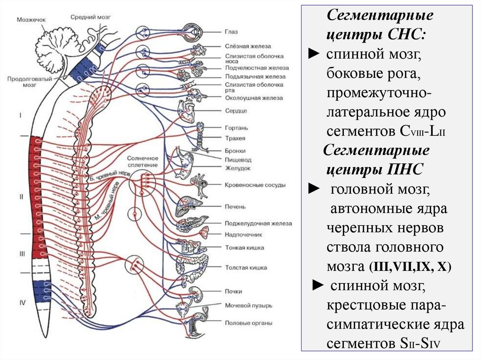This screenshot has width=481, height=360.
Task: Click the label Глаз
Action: [231, 32]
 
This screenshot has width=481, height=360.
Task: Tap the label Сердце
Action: [235, 111]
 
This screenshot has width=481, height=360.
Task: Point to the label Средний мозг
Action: [91, 16]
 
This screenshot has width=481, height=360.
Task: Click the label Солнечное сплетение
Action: [142, 162]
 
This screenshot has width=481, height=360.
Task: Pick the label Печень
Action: [235, 207]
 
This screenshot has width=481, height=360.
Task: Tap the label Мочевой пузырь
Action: [248, 306]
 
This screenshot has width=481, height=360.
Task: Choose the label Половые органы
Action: [248, 323]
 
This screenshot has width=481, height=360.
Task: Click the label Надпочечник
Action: [243, 234]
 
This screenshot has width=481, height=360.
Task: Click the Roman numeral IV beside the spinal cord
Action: [22, 303]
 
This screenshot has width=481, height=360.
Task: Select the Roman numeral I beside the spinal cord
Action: [20, 114]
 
